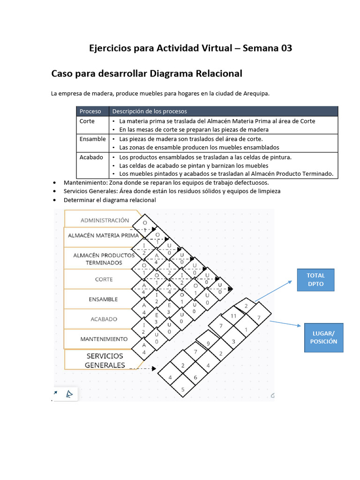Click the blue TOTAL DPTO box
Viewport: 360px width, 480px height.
click(x=315, y=279)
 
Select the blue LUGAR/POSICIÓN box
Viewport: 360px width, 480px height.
click(x=323, y=337)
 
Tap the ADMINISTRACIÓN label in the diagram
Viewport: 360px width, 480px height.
click(x=105, y=220)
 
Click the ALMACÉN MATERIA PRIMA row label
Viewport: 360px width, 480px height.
click(x=103, y=235)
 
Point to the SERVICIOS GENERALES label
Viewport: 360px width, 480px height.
click(x=105, y=360)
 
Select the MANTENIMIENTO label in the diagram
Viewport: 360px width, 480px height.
click(x=104, y=338)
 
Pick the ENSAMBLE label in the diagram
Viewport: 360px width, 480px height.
click(x=103, y=299)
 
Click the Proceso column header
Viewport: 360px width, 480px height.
click(x=90, y=111)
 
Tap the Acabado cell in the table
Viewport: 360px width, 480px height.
click(x=91, y=157)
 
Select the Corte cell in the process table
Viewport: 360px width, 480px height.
click(x=87, y=121)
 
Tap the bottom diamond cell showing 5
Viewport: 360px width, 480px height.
click(x=183, y=389)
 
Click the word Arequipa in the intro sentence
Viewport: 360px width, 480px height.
click(x=254, y=93)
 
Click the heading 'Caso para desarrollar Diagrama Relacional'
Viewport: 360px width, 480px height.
click(x=146, y=74)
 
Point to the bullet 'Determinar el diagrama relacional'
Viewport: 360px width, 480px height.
click(x=110, y=200)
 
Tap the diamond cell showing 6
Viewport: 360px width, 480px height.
click(x=195, y=377)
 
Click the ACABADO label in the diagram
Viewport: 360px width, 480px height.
click(x=104, y=319)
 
